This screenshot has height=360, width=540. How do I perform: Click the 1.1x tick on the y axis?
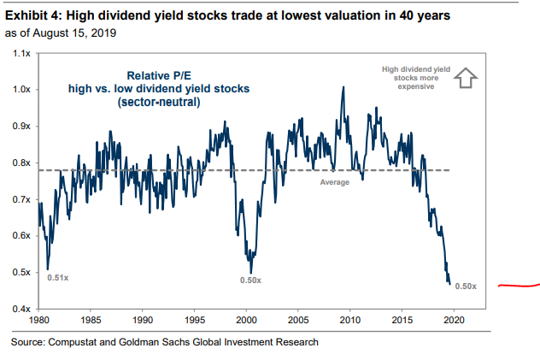(21, 53)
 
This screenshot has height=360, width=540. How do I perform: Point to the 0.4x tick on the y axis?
(21, 308)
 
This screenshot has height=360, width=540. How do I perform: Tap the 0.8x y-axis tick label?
(21, 162)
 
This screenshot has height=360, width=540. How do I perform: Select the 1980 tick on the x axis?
(38, 321)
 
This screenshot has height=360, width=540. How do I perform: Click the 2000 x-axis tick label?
(246, 321)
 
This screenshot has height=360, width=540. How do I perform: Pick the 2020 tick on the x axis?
(453, 321)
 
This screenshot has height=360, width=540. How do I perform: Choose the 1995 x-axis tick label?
(195, 321)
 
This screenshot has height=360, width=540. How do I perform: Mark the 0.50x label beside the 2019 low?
(466, 286)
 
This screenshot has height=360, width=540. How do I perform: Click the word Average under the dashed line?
(335, 182)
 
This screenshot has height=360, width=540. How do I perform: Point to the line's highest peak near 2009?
(343, 87)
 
